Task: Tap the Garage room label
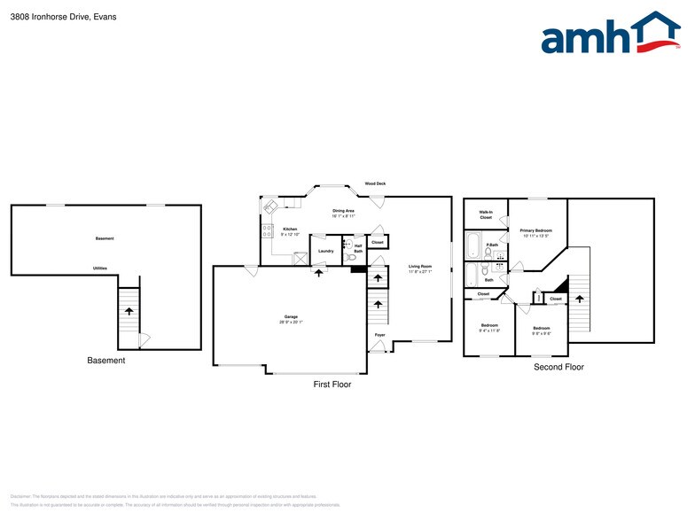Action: pos(290,316)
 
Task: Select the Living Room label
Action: pos(419,266)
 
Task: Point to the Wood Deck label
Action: pos(375,183)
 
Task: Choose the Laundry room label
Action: pos(325,251)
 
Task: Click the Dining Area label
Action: pos(343,210)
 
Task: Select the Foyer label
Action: pos(379,335)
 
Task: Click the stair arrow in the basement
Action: pos(129,311)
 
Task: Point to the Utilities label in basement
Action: pos(101,268)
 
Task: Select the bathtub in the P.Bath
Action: pos(473,243)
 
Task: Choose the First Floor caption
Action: pos(332,385)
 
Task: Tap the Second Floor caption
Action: pos(558,366)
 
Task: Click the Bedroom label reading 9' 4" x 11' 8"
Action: pos(489,327)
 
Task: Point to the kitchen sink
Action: pos(272,206)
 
